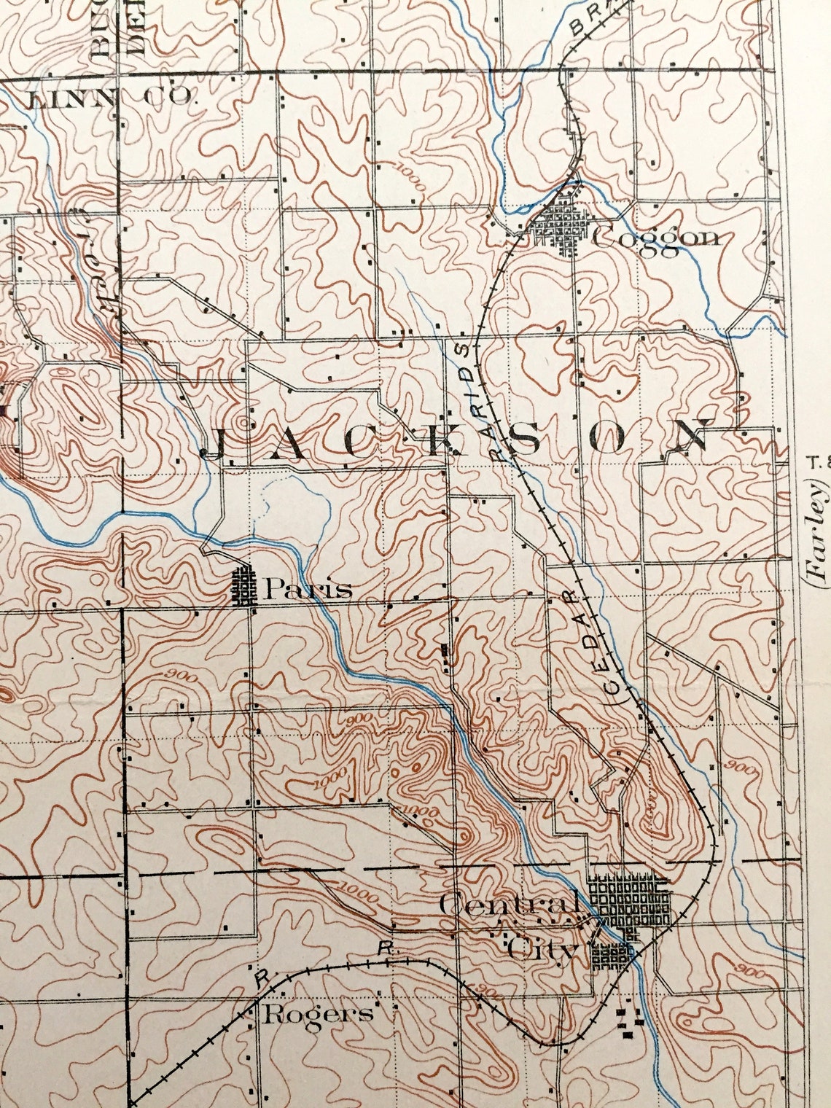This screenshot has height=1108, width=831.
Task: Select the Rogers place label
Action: click(318, 1014)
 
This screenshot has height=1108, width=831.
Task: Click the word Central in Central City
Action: click(510, 906)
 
